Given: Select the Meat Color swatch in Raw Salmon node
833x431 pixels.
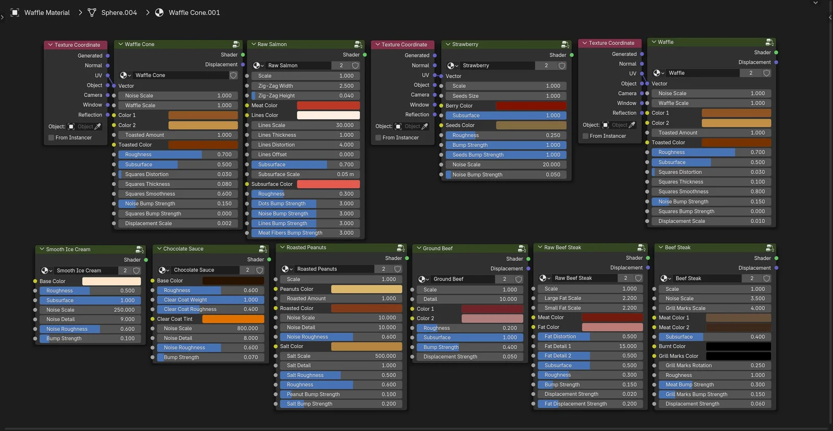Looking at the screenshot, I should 328,105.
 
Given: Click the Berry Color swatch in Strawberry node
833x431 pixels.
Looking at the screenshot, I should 531,106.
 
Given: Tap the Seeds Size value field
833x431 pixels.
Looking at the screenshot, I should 506,96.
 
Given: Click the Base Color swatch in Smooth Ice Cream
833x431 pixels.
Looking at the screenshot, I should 111,281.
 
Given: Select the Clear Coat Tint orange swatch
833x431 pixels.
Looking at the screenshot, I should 233,319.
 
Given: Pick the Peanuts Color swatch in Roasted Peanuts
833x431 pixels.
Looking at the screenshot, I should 366,289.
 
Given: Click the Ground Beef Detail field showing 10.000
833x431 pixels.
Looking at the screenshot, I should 470,299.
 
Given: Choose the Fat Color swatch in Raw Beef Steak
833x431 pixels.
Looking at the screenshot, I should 612,327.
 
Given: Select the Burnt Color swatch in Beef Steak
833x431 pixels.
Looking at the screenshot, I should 738,347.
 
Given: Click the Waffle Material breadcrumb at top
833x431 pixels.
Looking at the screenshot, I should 47,12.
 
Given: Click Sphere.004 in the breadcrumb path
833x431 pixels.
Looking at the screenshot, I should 119,12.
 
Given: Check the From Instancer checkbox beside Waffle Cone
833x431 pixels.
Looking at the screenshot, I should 51,138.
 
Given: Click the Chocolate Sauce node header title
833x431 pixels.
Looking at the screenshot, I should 183,249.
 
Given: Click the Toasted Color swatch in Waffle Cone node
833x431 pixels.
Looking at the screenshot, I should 203,145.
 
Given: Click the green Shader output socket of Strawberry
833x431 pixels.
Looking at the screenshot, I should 572,55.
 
